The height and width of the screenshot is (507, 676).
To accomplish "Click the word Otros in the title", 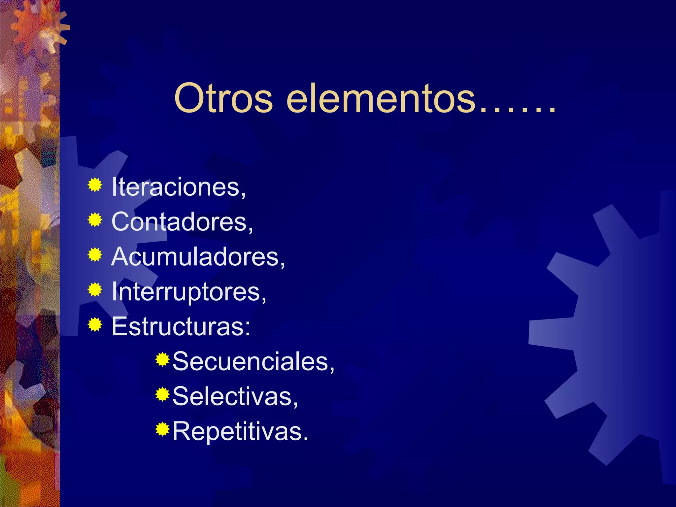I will click(223, 98).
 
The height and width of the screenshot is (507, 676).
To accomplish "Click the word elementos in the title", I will click(381, 98).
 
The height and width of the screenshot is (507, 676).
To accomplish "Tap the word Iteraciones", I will click(179, 187).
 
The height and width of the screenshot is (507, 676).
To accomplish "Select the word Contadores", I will click(182, 221).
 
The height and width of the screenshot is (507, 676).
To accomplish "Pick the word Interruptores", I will click(188, 291).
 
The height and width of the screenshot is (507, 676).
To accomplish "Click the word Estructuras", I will click(181, 326).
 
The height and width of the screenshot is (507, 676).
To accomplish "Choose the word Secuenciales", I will click(253, 361).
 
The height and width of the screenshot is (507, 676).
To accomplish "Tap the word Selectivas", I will click(235, 396).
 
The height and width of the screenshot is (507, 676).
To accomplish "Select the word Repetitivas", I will click(240, 431).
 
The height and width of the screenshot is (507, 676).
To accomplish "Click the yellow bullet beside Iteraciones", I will click(95, 185).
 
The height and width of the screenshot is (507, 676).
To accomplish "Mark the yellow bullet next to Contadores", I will click(95, 220).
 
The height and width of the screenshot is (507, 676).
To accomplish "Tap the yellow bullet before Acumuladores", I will click(95, 255).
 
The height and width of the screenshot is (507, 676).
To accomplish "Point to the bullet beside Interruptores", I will click(95, 290).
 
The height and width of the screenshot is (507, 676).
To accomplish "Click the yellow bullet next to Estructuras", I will click(95, 325).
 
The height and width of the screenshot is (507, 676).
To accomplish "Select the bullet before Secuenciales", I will click(162, 359).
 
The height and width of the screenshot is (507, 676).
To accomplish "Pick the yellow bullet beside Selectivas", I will click(162, 394).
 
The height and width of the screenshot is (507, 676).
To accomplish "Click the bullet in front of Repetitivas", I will click(162, 429).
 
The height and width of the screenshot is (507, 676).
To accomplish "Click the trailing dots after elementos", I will click(517, 109).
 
